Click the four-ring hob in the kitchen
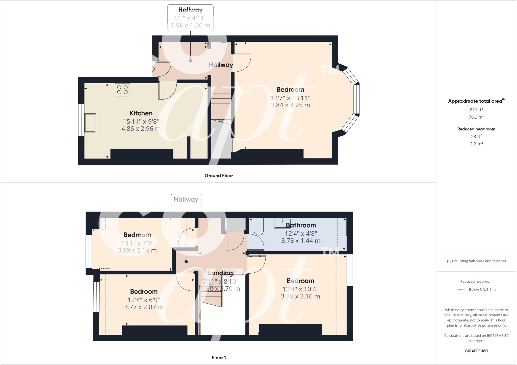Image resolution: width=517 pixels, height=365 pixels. [122, 90]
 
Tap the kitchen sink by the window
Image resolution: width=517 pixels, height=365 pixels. [90, 123]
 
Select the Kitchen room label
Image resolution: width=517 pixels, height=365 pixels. [141, 113]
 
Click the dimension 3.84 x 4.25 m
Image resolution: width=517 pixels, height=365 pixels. [290, 105]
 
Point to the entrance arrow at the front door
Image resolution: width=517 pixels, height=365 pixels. [152, 69]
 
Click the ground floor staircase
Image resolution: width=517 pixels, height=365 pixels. [221, 105]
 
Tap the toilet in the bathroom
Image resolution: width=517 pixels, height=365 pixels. [258, 226]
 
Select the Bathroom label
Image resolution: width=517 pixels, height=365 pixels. [301, 225]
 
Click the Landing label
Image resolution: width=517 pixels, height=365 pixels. [220, 273]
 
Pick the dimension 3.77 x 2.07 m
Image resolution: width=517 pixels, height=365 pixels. [144, 307]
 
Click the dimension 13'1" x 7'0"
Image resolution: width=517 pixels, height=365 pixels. [137, 243]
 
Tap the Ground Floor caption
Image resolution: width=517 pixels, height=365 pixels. [219, 176]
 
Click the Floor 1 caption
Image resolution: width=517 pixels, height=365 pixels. [219, 358]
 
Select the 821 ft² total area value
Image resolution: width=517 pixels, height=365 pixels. [476, 110]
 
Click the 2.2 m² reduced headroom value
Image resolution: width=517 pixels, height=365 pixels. [476, 144]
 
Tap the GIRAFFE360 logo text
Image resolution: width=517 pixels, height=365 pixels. [476, 351]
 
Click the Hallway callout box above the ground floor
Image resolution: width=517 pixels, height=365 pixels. [190, 18]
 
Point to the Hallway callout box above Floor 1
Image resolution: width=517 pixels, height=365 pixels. [186, 200]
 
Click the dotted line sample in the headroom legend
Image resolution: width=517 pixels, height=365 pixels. [461, 290]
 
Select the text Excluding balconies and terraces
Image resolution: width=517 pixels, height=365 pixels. [478, 261]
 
